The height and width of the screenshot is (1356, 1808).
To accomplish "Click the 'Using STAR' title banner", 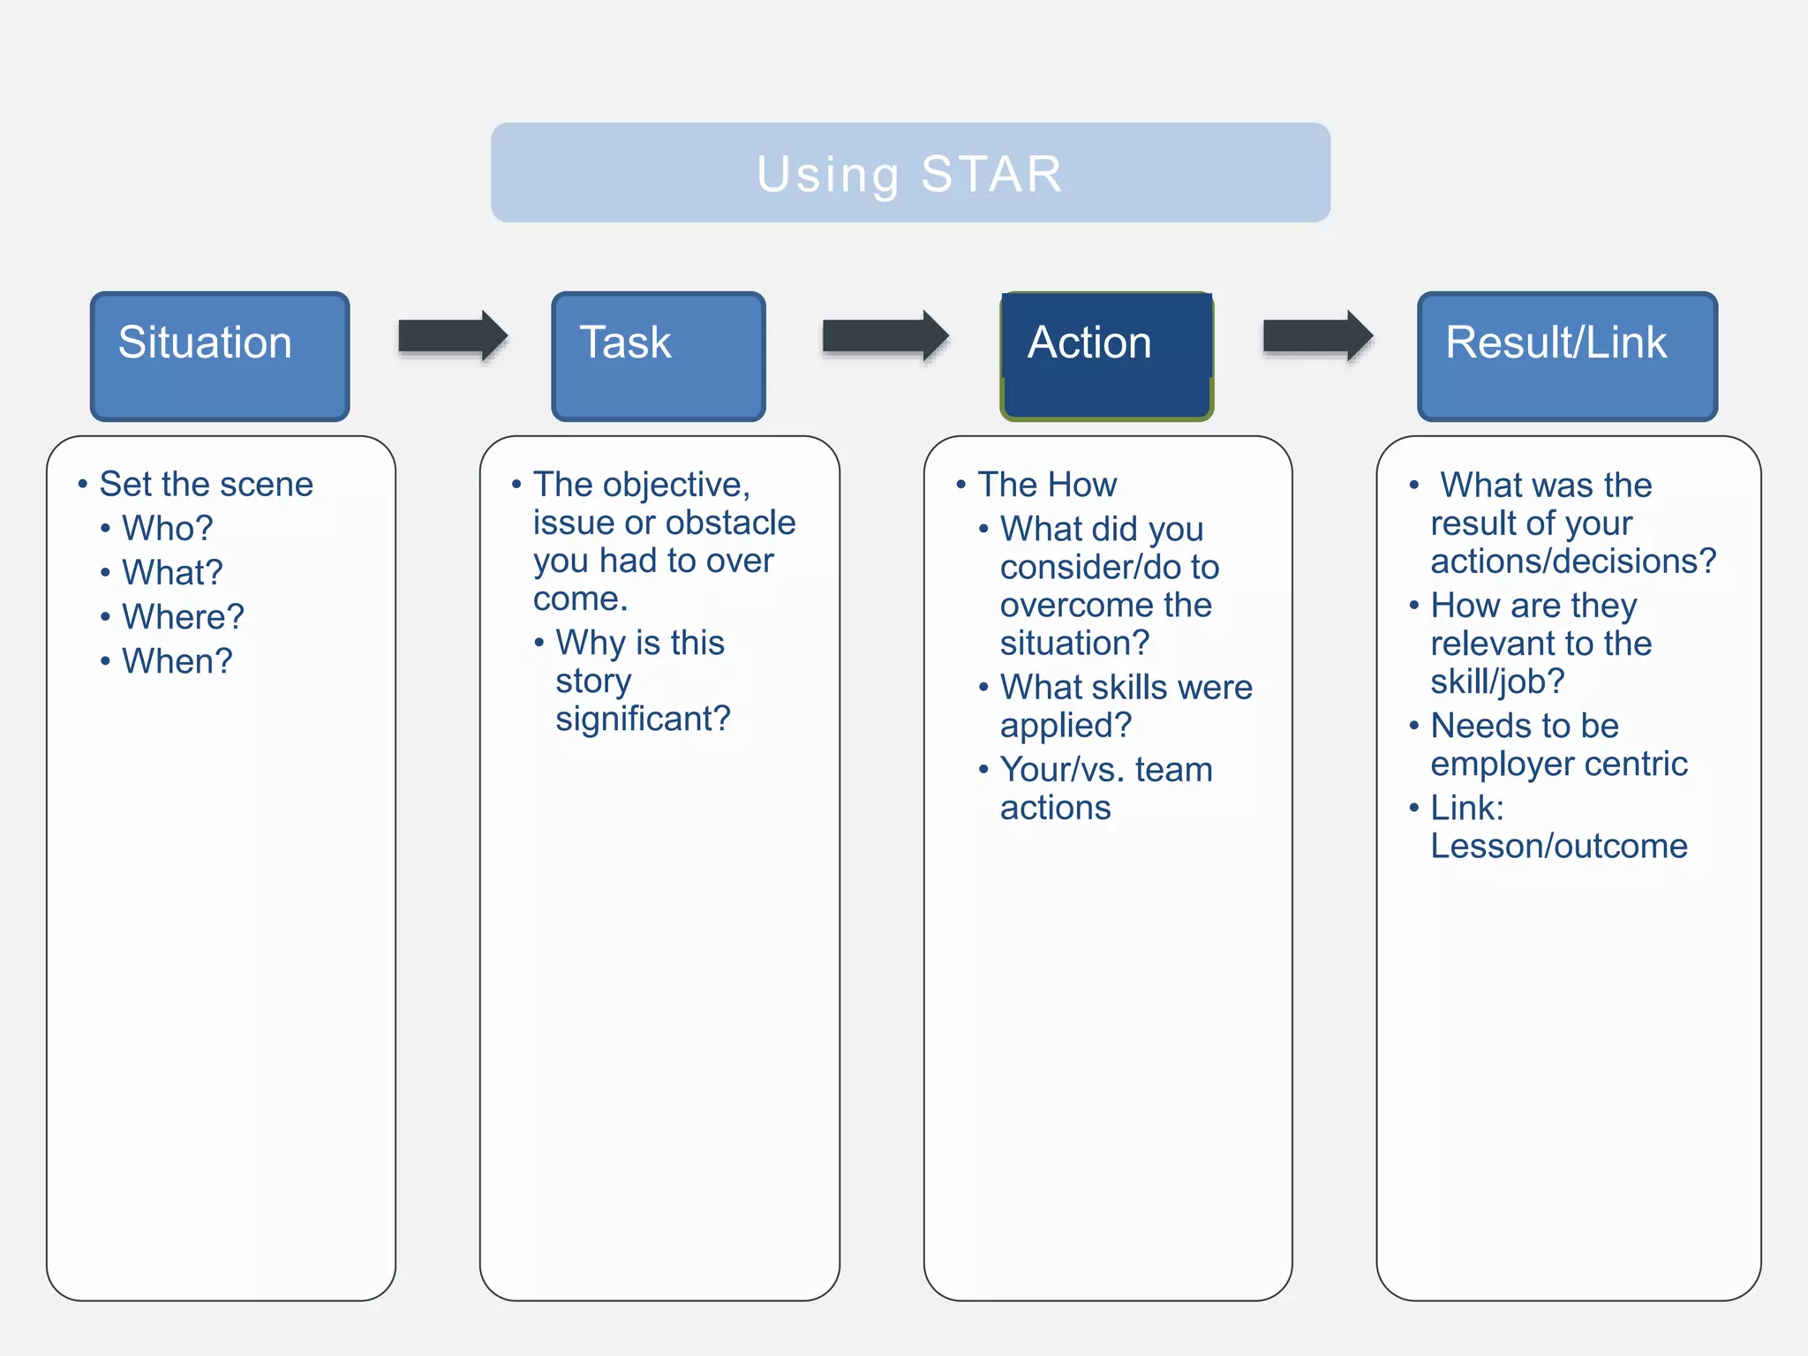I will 910,173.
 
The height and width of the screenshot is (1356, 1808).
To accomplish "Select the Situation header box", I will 220,356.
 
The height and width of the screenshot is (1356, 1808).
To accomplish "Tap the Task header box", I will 658,356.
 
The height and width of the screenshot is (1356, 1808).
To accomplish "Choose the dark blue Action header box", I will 1106,356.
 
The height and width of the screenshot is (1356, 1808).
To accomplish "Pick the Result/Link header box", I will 1567,356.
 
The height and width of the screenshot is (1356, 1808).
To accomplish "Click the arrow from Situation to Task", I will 452,336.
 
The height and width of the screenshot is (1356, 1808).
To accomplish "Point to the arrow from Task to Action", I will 885,336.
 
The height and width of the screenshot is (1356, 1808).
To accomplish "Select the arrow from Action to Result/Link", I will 1317,336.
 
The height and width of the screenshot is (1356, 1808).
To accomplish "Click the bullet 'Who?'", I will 167,528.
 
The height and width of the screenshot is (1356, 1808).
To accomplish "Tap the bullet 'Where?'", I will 183,616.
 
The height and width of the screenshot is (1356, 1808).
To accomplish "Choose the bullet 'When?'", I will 177,660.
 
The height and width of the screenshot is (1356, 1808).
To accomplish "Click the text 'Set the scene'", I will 206,484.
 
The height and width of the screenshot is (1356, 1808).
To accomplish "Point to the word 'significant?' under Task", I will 643,719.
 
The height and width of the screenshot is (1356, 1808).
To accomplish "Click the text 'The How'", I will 1047,485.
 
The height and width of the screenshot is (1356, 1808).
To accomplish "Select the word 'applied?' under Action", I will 1066,726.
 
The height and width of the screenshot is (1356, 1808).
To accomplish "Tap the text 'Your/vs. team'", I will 1106,769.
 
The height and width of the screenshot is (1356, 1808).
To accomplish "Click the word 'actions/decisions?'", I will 1573,561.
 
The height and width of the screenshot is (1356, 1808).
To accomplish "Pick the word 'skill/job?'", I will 1497,682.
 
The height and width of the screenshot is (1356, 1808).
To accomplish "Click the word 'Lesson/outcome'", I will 1559,846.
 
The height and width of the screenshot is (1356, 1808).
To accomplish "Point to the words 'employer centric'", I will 1559,764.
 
